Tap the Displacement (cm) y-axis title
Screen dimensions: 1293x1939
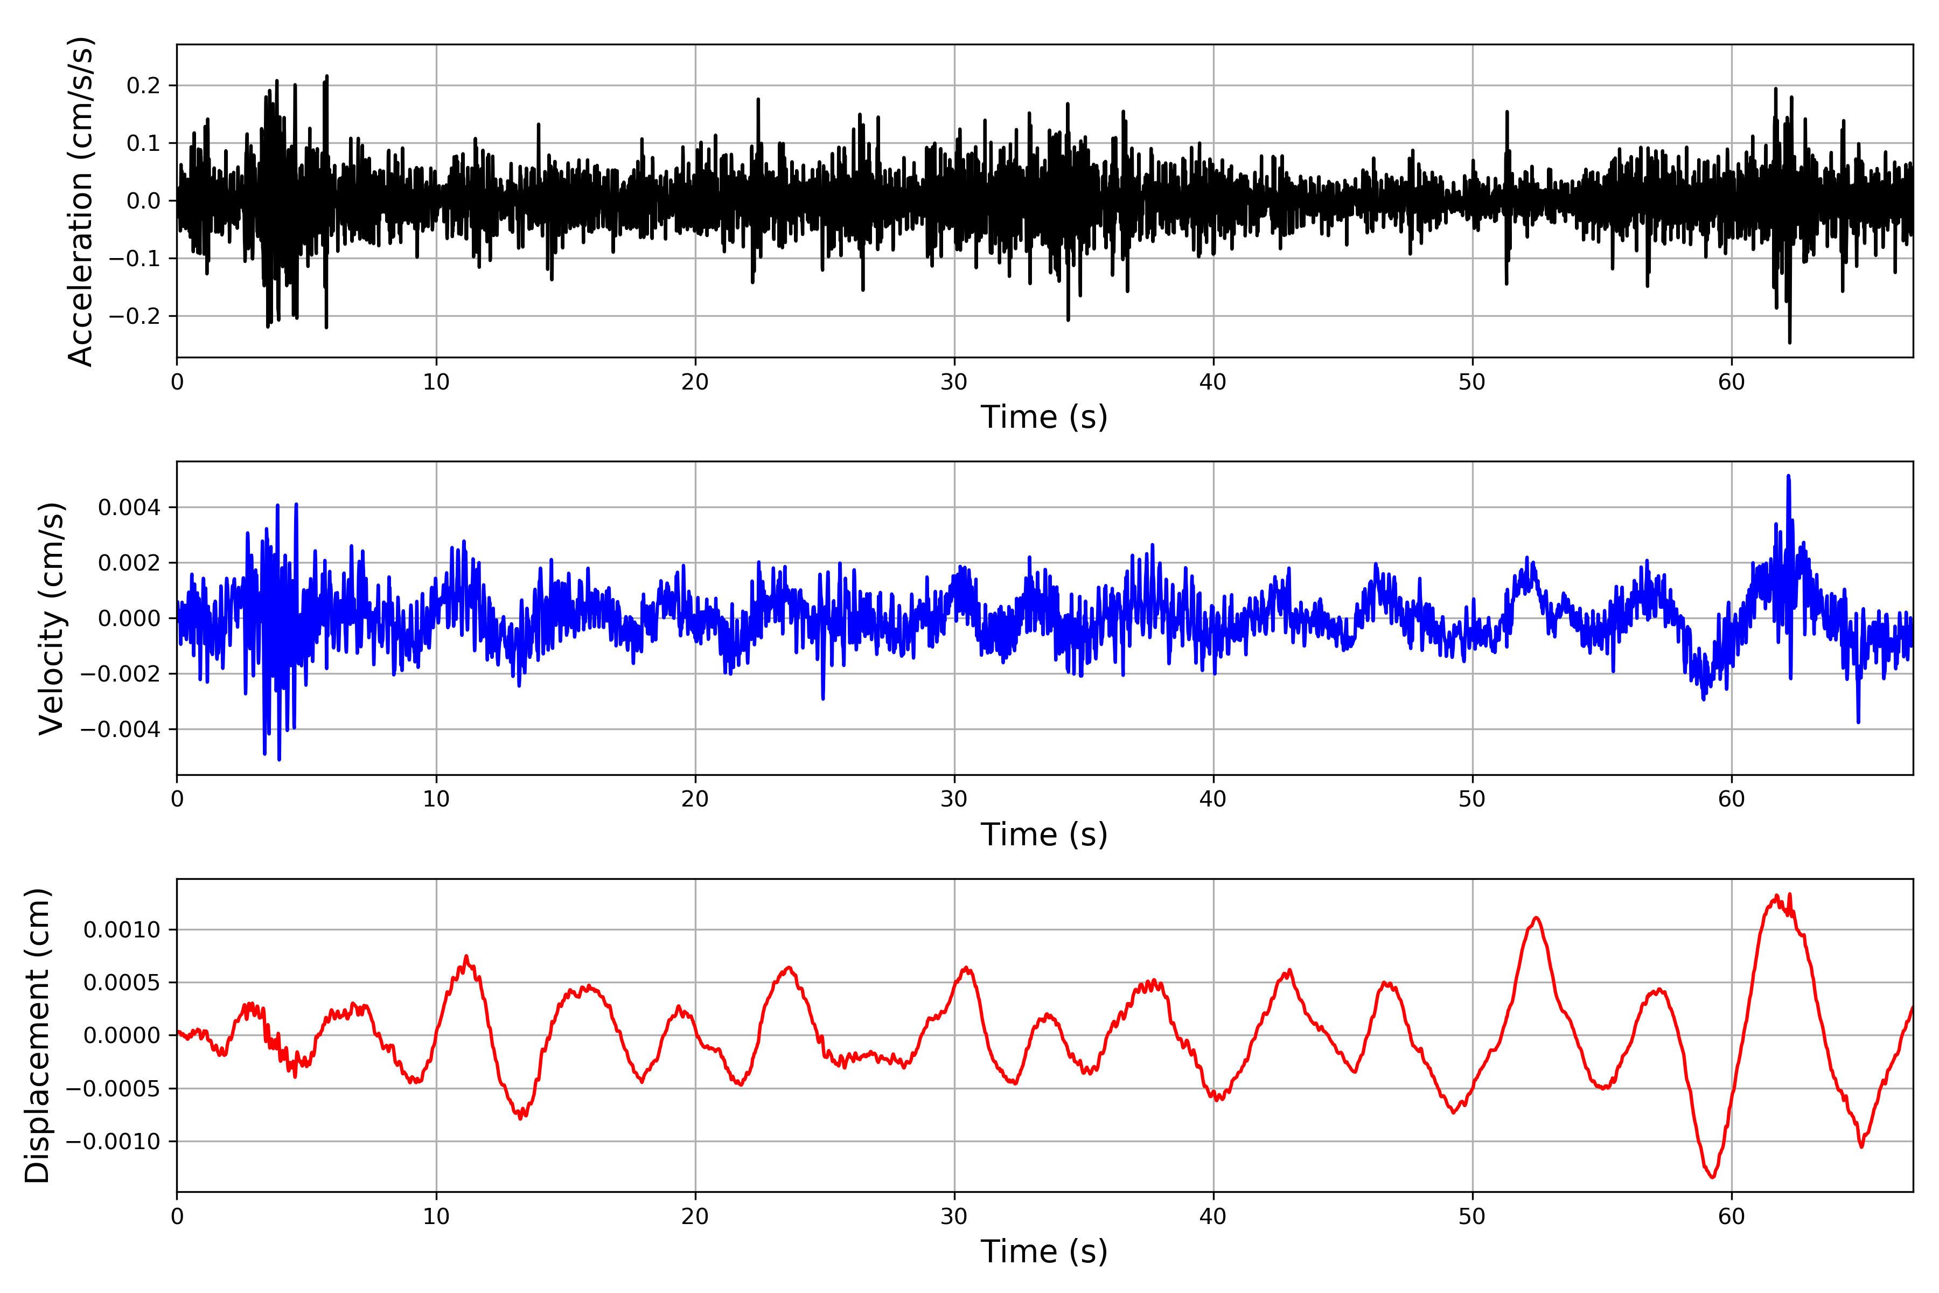[x=37, y=1035]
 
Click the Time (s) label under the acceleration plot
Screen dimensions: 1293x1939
[x=1044, y=417]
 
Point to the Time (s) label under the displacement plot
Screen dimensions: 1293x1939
[x=1044, y=1252]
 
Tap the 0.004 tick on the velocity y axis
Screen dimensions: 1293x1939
[x=129, y=507]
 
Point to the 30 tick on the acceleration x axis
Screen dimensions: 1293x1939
[x=954, y=383]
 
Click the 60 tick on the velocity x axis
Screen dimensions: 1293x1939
[x=1731, y=799]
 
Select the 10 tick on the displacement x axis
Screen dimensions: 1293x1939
[x=436, y=1216]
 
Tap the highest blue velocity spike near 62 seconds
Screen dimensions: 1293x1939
[x=1788, y=477]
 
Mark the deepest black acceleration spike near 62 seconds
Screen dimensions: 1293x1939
[x=1789, y=342]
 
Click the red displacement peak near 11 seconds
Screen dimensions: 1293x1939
[x=466, y=957]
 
